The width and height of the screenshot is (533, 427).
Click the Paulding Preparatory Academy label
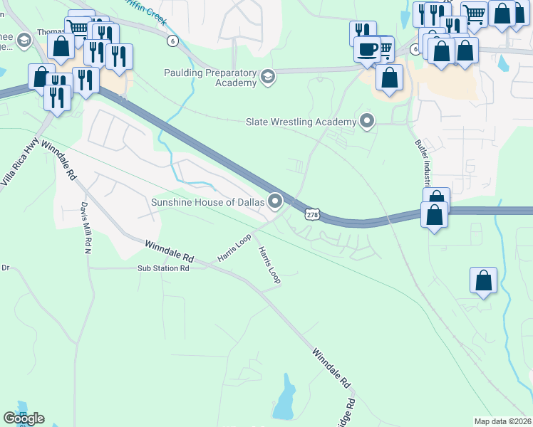click(210, 78)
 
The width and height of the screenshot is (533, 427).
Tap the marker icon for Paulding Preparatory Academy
click(268, 77)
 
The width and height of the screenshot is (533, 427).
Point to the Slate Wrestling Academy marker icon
click(367, 121)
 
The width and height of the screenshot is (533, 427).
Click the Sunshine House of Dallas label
click(207, 202)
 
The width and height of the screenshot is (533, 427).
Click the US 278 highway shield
click(311, 213)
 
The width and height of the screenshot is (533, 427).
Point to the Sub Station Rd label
click(164, 268)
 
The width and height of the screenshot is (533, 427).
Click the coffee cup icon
click(368, 50)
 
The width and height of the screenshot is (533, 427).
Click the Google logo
click(24, 418)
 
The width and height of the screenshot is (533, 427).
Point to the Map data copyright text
click(503, 421)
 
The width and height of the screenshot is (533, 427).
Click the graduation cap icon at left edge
click(24, 39)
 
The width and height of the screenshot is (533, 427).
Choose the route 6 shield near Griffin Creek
click(172, 41)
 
